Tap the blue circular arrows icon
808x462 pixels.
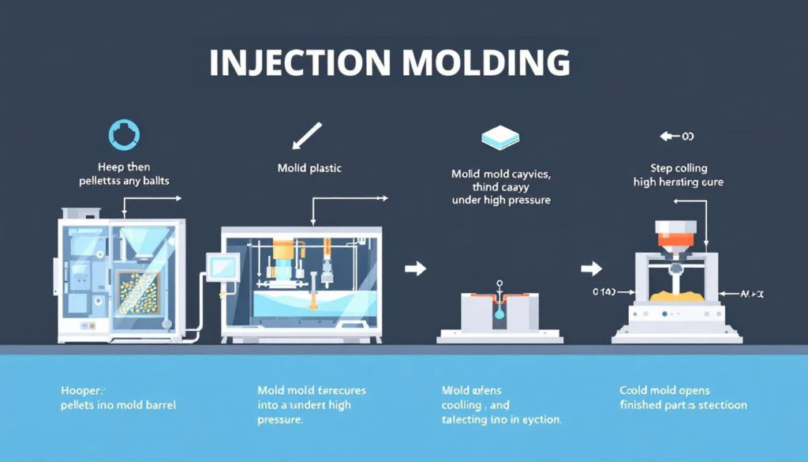coord(124,134)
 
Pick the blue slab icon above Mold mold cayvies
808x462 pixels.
coord(499,139)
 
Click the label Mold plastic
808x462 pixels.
coord(309,168)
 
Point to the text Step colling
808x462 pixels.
coord(679,168)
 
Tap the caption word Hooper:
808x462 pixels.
coord(82,390)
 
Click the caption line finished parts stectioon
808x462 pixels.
coord(683,405)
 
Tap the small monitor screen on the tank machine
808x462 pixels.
coord(216,263)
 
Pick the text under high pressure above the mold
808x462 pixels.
coord(500,201)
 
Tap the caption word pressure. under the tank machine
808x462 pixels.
coord(280,420)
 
